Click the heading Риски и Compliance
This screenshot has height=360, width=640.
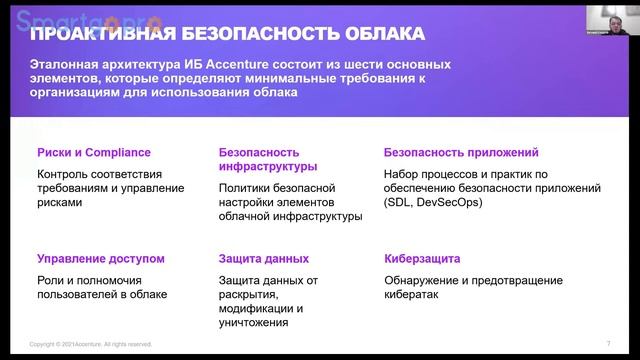pos(93,153)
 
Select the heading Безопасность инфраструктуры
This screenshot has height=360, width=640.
pos(268,160)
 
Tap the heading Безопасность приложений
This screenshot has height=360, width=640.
pos(461,153)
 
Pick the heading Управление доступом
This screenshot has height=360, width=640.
pos(100,259)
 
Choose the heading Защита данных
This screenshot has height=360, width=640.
pos(263,259)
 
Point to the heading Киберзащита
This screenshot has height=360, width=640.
pos(420,259)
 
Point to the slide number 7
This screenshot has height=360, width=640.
pos(608,343)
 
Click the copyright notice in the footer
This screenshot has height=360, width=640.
pos(91,344)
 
